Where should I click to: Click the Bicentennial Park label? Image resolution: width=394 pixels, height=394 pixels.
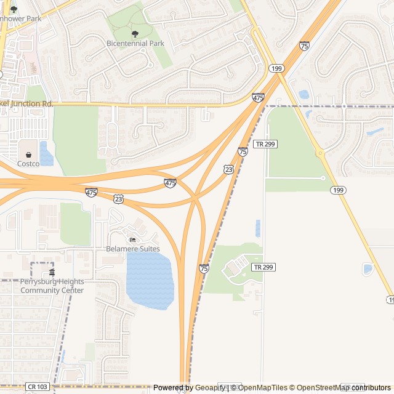(x=135, y=44)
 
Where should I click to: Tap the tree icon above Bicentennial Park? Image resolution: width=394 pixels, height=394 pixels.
(x=135, y=33)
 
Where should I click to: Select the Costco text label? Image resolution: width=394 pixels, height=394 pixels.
(x=28, y=164)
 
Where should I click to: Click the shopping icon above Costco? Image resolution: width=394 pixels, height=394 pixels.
(x=29, y=155)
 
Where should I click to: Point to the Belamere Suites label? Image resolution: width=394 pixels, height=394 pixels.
(x=133, y=249)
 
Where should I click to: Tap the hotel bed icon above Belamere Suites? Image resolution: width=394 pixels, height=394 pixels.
(x=132, y=239)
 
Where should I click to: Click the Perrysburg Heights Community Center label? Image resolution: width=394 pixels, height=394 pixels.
(x=52, y=286)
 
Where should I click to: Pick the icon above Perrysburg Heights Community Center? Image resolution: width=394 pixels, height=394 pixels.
(x=52, y=273)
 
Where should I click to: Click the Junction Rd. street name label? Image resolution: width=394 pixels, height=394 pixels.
(x=27, y=104)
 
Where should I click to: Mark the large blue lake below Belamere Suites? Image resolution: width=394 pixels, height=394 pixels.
(x=150, y=280)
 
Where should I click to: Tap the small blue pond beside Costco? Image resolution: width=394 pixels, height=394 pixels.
(x=46, y=153)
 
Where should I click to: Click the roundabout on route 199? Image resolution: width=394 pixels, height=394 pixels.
(x=320, y=153)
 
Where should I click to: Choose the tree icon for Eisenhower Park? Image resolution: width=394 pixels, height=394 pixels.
(x=14, y=9)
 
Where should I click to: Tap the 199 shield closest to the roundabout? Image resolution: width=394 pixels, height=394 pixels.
(x=336, y=190)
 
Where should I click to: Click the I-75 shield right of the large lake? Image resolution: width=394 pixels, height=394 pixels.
(x=204, y=268)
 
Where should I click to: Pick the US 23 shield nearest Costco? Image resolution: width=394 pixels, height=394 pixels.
(x=119, y=199)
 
